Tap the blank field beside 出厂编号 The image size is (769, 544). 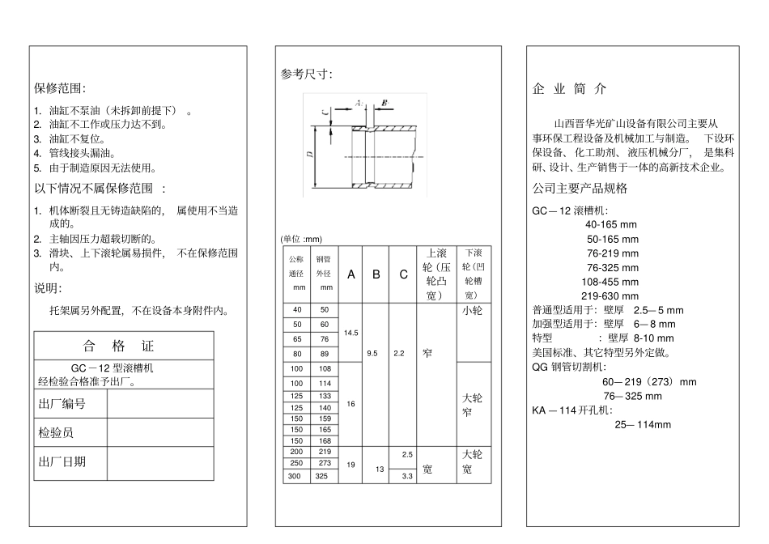[160, 403]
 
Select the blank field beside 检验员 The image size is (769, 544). [160, 433]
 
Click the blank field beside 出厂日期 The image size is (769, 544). [160, 462]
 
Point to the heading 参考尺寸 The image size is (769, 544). [306, 74]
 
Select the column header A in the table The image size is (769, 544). [351, 274]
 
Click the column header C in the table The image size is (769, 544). [402, 274]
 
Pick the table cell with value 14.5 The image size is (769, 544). [351, 333]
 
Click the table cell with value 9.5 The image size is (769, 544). [373, 353]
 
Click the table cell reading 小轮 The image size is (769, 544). [472, 310]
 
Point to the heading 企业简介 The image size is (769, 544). [569, 88]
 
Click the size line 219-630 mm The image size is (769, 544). [610, 295]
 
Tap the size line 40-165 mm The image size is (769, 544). [611, 224]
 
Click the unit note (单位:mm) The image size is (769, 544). [301, 239]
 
